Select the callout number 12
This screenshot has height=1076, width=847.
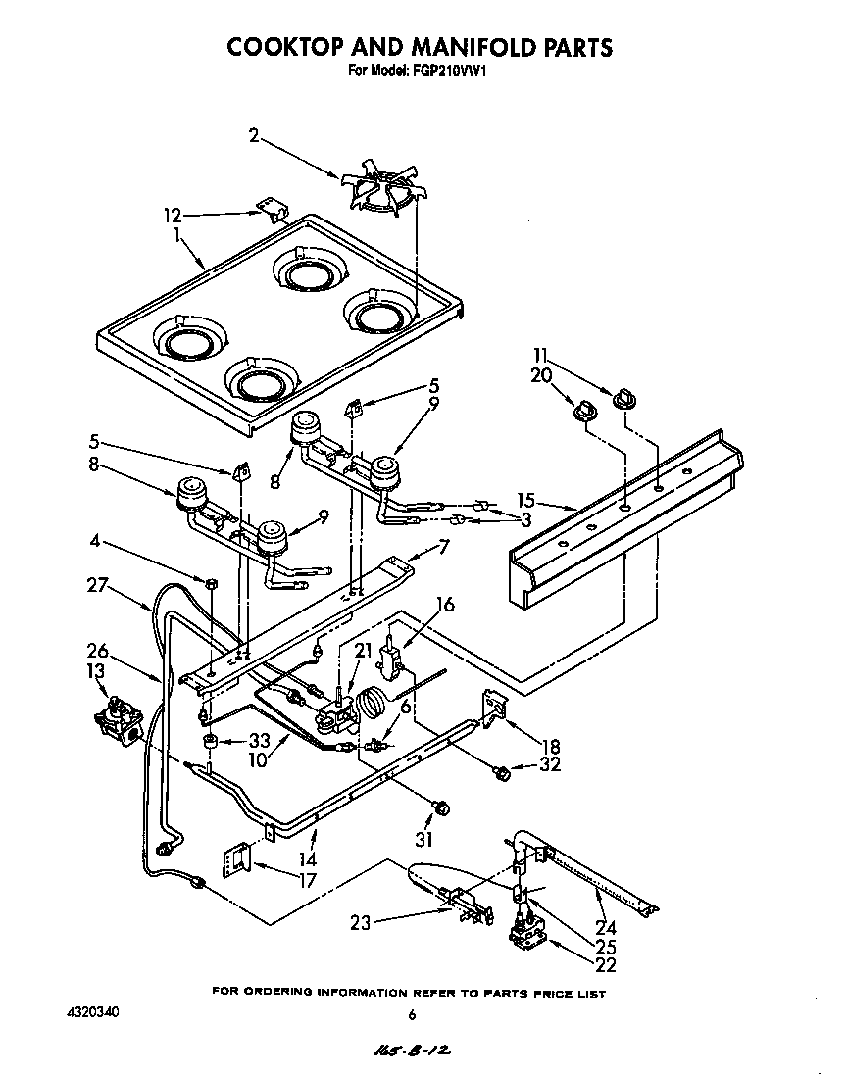point(174,215)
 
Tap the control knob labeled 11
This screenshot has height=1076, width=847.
point(625,398)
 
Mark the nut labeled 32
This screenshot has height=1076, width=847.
point(501,773)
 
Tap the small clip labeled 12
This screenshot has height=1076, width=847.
point(271,207)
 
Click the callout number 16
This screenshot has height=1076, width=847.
point(445,605)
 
